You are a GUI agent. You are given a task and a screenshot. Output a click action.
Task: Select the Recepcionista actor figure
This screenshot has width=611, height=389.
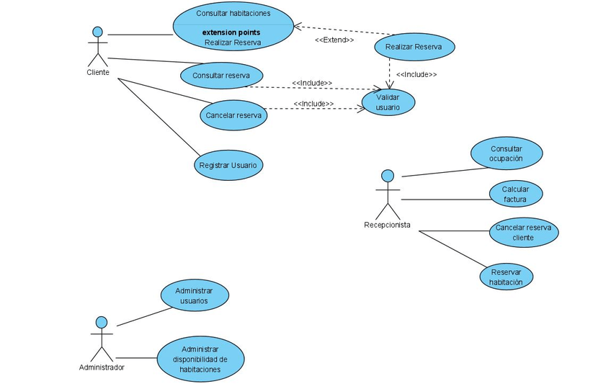388,194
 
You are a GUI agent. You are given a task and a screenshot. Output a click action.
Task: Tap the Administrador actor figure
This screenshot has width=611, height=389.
102,339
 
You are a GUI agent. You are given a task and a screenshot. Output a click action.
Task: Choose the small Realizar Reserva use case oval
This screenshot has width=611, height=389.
414,48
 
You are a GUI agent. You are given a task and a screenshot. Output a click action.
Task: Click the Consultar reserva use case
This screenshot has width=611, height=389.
221,75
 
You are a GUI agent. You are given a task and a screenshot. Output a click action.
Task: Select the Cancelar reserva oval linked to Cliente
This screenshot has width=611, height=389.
233,115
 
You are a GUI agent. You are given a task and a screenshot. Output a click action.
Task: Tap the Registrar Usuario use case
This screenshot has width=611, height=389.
228,165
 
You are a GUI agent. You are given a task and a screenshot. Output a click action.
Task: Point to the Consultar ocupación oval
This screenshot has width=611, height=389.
506,153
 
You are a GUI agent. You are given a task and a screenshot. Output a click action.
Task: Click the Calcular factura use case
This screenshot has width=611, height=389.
514,194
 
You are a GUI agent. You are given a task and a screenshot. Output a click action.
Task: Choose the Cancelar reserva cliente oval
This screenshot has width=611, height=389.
523,232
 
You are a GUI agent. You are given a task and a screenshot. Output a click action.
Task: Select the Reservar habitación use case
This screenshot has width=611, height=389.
506,277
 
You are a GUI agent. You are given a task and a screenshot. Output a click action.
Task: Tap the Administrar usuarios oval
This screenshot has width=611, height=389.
194,295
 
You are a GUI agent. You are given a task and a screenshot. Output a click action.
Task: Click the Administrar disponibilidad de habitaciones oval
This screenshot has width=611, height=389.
200,359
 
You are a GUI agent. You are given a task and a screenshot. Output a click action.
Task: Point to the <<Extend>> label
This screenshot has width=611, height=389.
334,40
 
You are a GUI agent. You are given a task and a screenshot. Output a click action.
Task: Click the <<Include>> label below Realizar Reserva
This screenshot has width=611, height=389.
416,74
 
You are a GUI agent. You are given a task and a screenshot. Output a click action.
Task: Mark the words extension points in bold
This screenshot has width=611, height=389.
231,32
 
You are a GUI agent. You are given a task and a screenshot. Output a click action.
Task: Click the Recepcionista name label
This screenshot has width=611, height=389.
387,225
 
